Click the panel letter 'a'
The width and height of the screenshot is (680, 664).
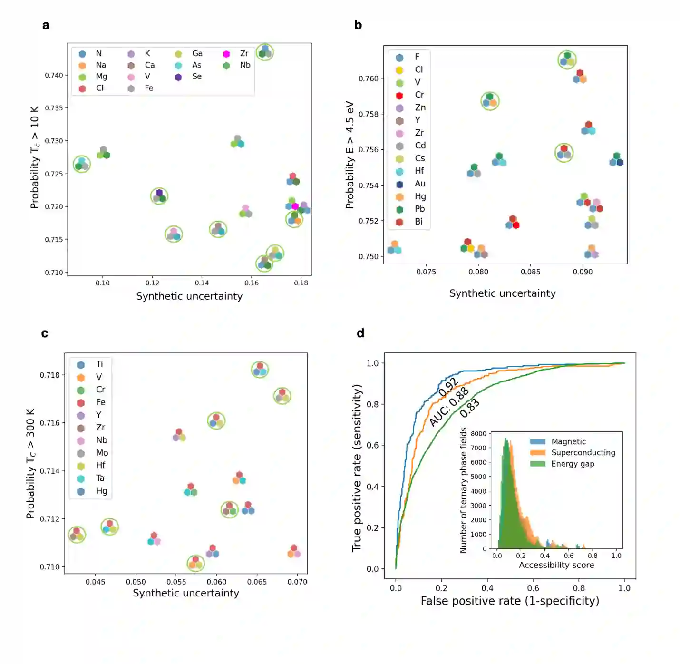pyautogui.click(x=46, y=25)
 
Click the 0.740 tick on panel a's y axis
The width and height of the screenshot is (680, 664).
pyautogui.click(x=54, y=75)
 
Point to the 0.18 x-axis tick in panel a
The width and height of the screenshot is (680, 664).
pyautogui.click(x=301, y=283)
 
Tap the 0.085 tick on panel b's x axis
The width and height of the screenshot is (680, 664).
pyautogui.click(x=530, y=272)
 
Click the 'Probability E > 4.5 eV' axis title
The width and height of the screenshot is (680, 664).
pyautogui.click(x=350, y=155)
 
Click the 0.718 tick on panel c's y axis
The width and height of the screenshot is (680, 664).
pyautogui.click(x=49, y=375)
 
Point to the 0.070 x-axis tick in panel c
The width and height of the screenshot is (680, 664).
pyautogui.click(x=297, y=582)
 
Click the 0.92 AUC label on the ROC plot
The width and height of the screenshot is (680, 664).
pyautogui.click(x=448, y=387)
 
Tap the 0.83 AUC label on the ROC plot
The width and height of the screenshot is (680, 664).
pyautogui.click(x=470, y=408)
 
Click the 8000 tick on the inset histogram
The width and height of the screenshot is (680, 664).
pyautogui.click(x=478, y=434)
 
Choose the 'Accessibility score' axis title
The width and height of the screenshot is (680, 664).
pyautogui.click(x=556, y=565)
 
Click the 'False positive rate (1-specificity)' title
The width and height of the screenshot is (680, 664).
pyautogui.click(x=510, y=601)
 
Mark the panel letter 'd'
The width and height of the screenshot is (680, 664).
pyautogui.click(x=360, y=333)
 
